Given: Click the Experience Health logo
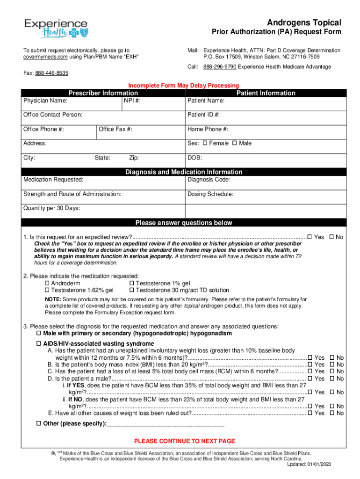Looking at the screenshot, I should [56, 28].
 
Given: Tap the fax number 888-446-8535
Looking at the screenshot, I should [52, 73].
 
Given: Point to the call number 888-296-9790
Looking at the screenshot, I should [220, 67].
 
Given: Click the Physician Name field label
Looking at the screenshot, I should [45, 101].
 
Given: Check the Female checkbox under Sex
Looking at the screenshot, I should [205, 143].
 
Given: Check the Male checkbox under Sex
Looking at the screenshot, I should [235, 143].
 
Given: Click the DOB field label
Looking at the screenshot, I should [194, 158].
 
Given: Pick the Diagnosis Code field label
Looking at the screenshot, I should [209, 180].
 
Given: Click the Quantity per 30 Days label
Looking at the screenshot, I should [51, 208].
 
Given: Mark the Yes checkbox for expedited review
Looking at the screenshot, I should [310, 238].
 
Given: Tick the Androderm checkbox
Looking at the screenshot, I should [47, 283].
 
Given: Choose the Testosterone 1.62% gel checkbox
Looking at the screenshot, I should [47, 290].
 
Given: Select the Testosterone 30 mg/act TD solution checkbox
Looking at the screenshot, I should [131, 290].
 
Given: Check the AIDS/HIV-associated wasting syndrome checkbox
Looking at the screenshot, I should [39, 343].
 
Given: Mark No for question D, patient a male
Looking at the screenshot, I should [332, 378].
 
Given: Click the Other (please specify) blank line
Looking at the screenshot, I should [166, 424].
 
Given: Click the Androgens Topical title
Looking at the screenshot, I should [304, 22].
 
